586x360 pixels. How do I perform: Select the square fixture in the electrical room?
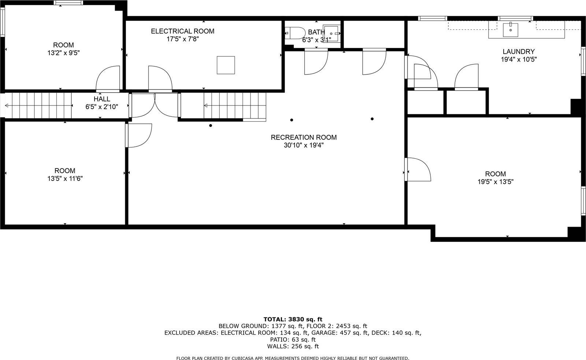tap(226, 65)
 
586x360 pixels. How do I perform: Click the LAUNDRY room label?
tap(518, 52)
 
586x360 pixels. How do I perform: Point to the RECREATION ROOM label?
tap(304, 137)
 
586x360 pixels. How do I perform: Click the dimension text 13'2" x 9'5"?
tap(63, 53)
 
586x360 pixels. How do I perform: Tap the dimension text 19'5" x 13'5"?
tap(495, 182)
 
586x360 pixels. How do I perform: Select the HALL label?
tap(101, 99)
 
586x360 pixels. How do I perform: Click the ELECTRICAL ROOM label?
tap(182, 31)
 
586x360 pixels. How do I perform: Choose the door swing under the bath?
tap(315, 62)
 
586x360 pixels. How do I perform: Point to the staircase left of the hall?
tap(40, 105)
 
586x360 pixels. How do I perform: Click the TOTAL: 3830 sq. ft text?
tap(293, 319)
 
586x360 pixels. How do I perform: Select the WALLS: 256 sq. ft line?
tap(293, 346)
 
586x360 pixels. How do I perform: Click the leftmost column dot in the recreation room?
tap(211, 126)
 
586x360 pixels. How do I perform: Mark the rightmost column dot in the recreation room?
tap(372, 119)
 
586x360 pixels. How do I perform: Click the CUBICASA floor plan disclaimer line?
tap(293, 358)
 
